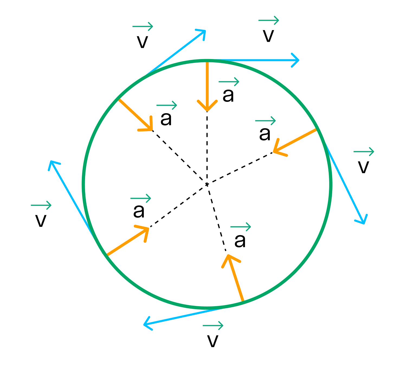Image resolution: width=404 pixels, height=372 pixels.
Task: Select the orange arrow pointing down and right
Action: click(135, 115)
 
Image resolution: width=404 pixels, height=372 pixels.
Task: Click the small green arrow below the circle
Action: click(213, 325)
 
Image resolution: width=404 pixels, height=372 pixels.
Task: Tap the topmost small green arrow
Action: click(269, 20)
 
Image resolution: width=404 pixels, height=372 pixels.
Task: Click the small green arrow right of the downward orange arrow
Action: click(229, 82)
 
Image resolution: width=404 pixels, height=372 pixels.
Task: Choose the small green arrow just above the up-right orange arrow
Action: click(141, 198)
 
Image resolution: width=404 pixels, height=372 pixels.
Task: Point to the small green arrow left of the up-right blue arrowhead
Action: click(143, 26)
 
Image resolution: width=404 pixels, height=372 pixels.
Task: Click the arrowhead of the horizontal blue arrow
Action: click(297, 60)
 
